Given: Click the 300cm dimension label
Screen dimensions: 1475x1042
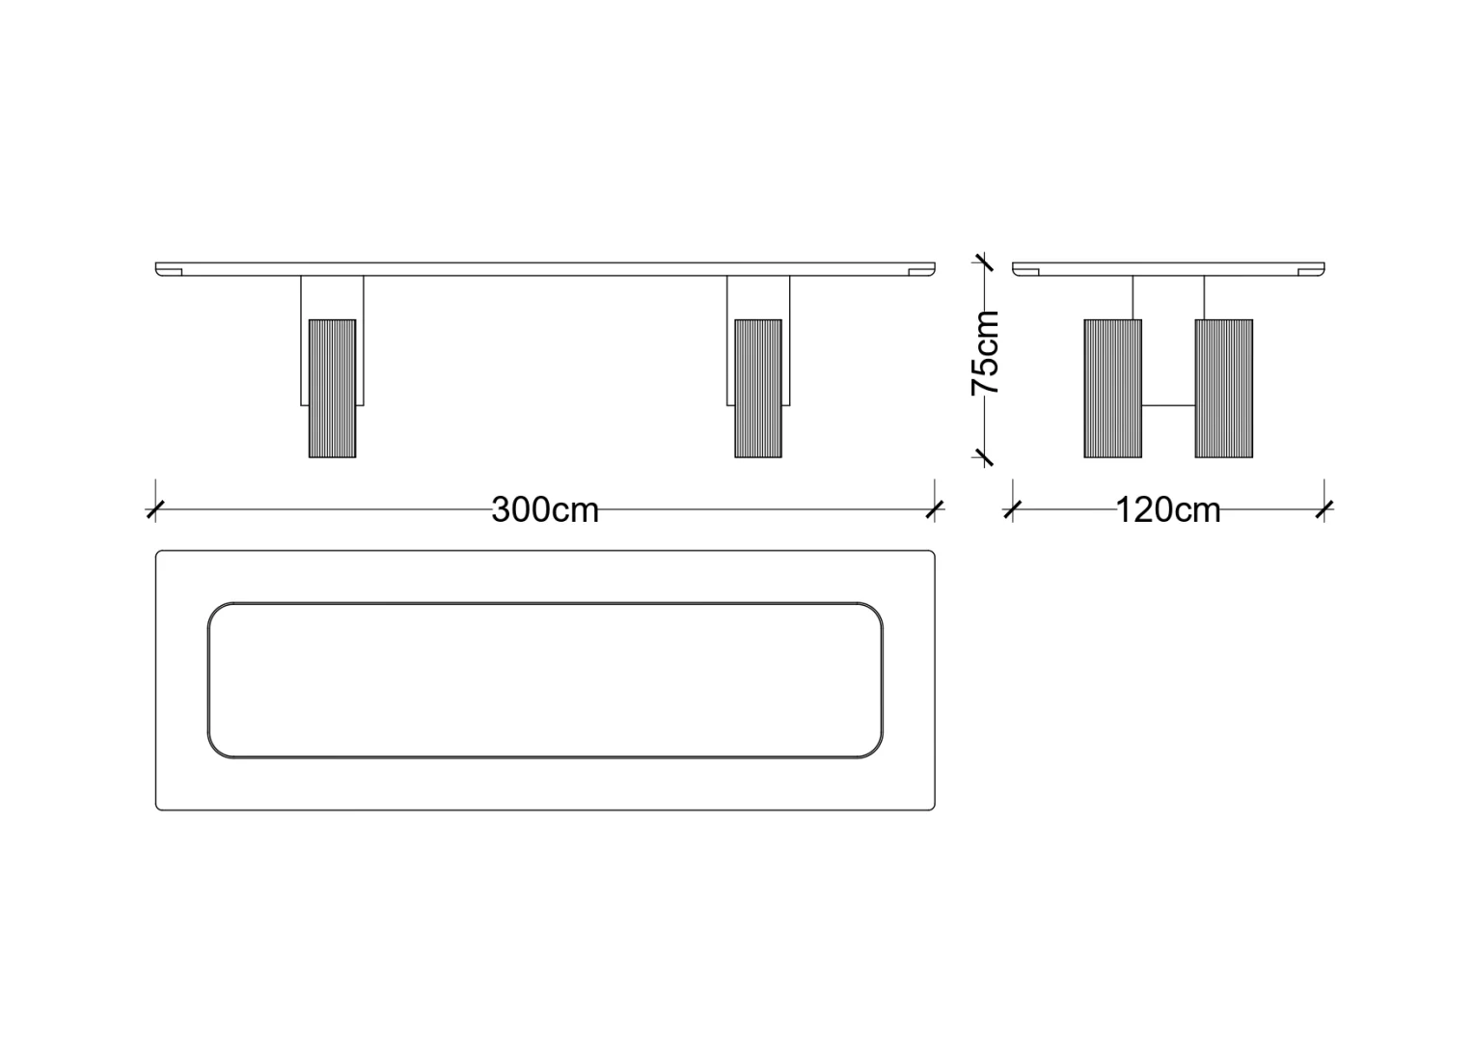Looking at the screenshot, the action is point(545,509).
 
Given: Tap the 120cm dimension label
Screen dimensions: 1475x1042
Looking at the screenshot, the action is point(1168,509).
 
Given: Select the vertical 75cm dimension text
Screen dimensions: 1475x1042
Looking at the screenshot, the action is point(986,352).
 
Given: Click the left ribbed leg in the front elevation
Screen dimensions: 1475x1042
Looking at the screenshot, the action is point(333,389).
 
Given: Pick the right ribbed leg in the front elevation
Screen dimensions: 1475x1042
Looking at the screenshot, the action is point(758,389).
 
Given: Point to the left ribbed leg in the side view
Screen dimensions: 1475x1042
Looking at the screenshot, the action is point(1113,389).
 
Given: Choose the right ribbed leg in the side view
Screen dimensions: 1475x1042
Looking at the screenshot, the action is point(1224,389).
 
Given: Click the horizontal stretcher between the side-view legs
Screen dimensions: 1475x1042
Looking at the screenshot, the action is point(1169,405).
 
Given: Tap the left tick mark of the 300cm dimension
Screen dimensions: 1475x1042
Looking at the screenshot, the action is point(155,509).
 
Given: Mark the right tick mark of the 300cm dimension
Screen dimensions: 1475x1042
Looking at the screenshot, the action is point(935,509).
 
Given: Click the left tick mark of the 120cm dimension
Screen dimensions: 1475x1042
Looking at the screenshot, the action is point(1013,509).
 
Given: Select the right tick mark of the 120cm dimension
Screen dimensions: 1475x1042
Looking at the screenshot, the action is point(1325,509).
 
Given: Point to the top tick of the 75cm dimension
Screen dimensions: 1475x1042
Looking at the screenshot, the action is point(984,262).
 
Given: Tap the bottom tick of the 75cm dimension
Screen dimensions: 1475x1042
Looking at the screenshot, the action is point(984,457).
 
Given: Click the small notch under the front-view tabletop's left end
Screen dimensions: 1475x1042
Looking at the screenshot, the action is point(173,272).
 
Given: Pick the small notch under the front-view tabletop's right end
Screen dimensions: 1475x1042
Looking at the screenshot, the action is point(918,272).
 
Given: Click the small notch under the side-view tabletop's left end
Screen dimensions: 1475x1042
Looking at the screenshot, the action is point(1029,272).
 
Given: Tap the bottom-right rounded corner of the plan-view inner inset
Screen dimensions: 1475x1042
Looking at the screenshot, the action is point(874,750).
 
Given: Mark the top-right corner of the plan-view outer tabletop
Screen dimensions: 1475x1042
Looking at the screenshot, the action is point(934,552).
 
